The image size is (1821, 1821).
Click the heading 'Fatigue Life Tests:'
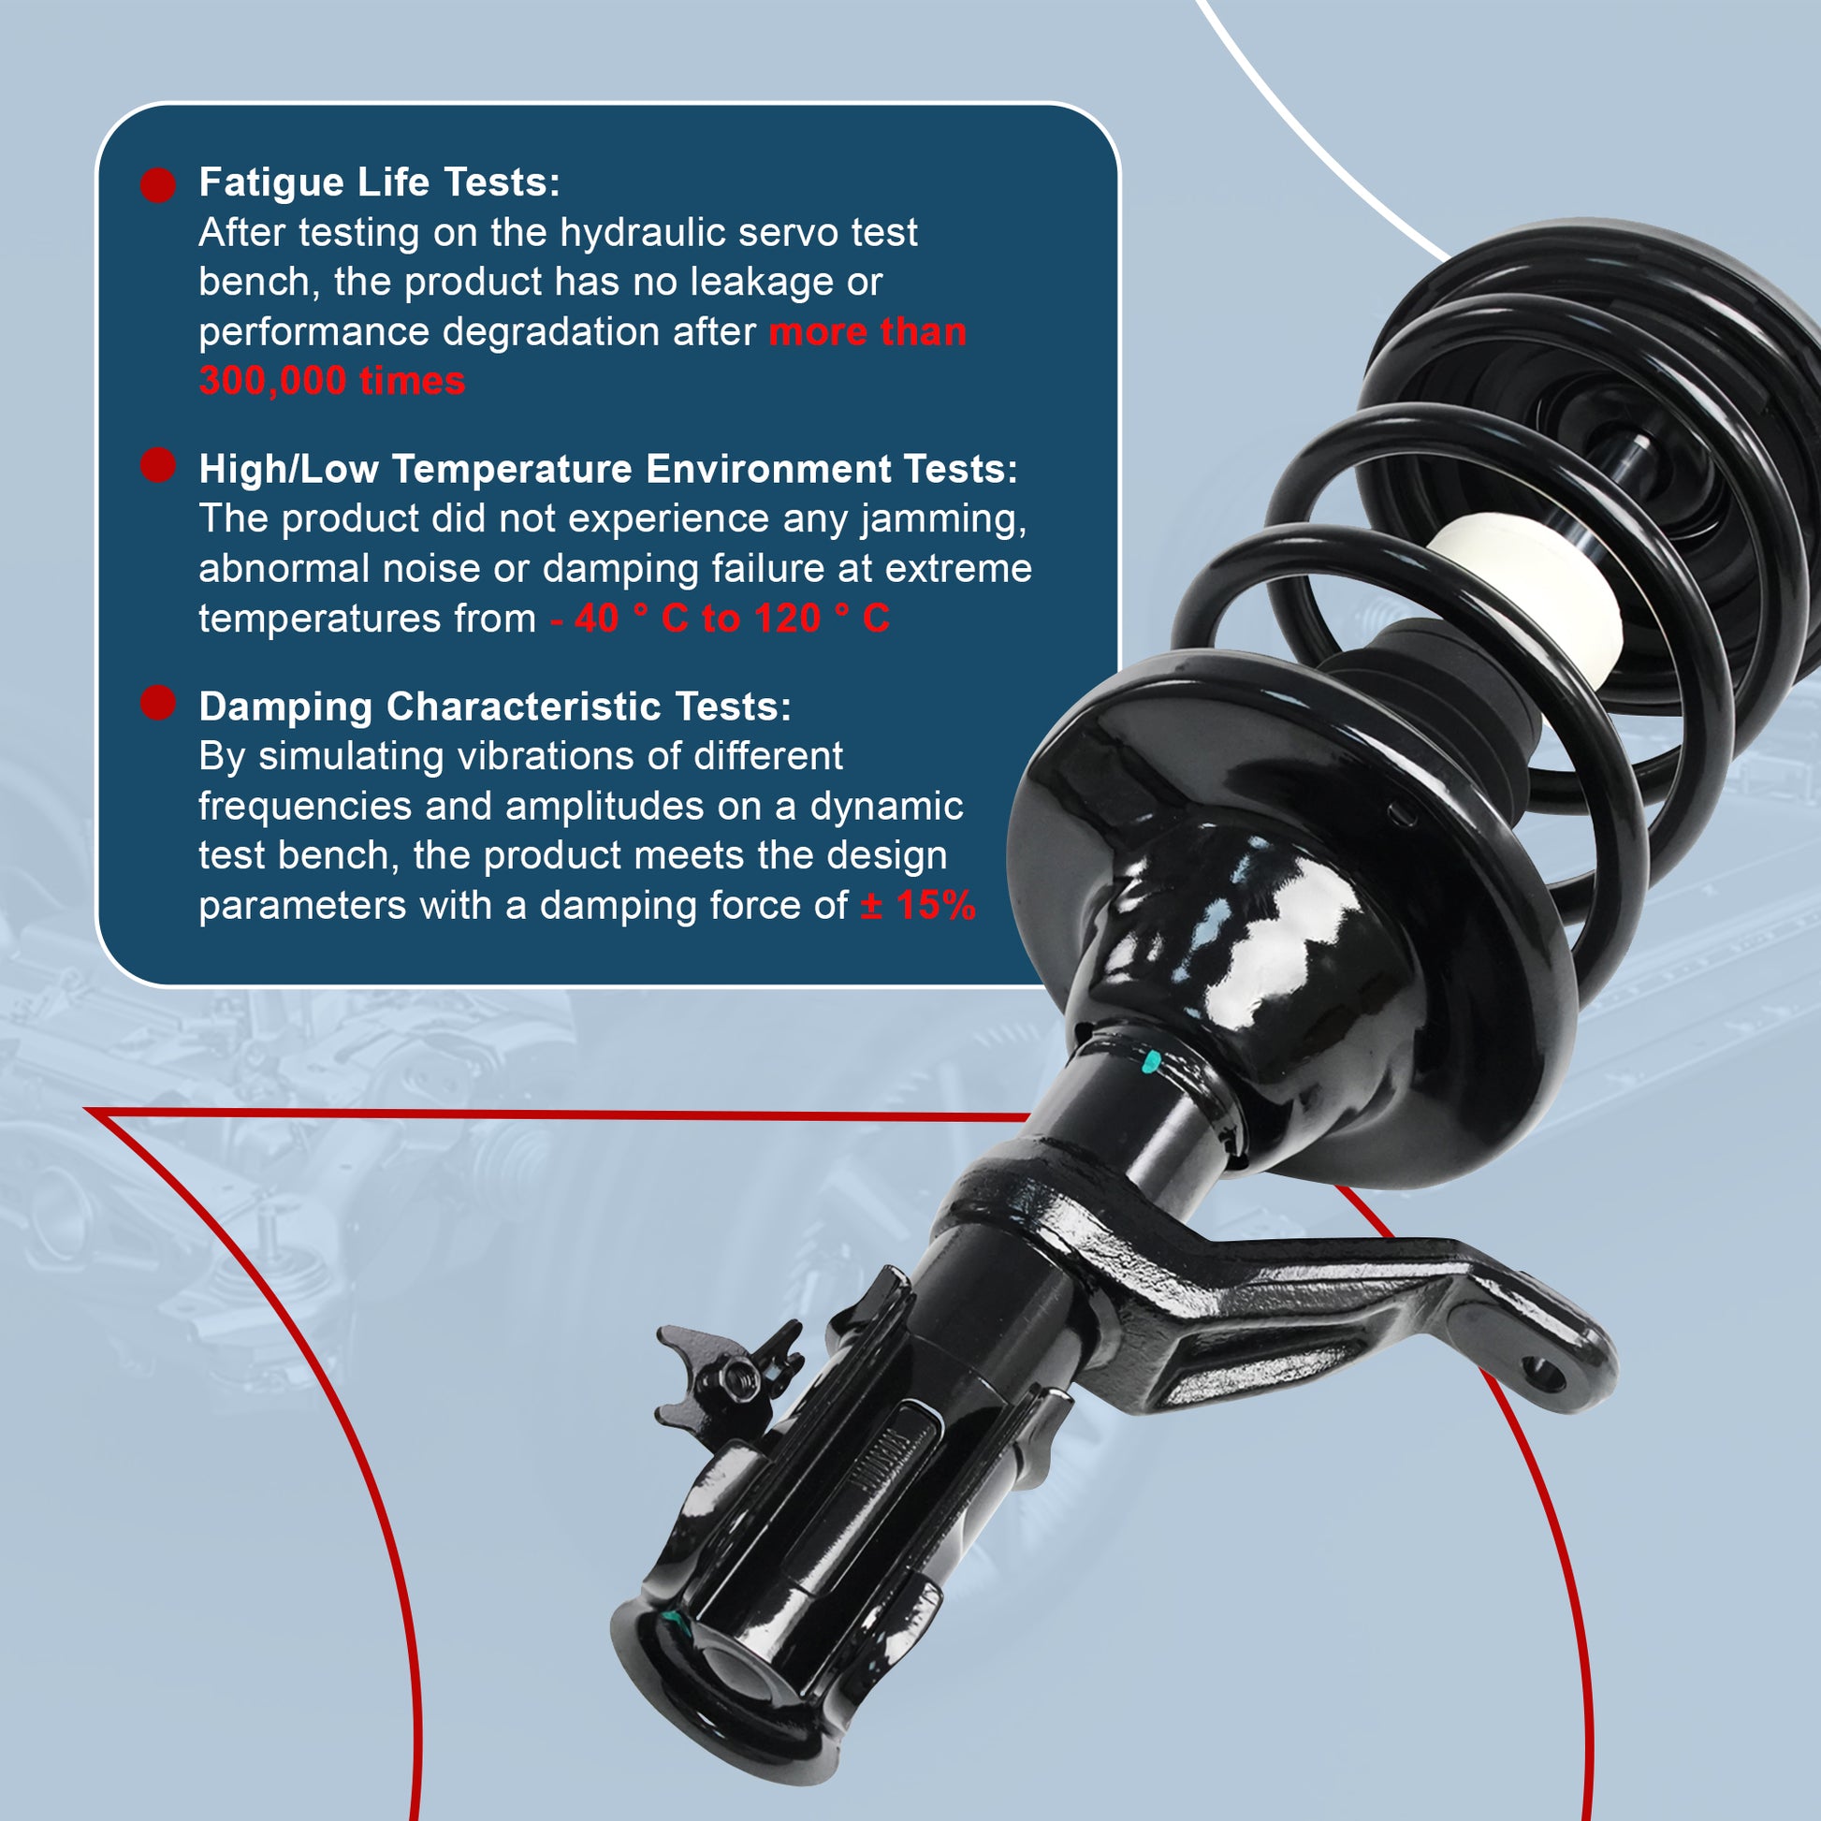(379, 182)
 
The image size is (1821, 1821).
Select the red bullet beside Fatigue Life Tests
(158, 184)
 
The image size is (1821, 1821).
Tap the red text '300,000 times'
(332, 381)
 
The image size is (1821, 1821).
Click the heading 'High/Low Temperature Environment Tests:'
(608, 469)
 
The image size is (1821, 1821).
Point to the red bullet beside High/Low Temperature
(158, 464)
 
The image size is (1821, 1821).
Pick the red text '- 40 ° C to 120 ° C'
(720, 619)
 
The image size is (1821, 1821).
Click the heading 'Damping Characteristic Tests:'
(495, 706)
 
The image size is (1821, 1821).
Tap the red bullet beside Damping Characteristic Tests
(158, 702)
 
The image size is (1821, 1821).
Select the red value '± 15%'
(918, 905)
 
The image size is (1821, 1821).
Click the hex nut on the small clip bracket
(739, 1379)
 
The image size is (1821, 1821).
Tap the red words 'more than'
(867, 332)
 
